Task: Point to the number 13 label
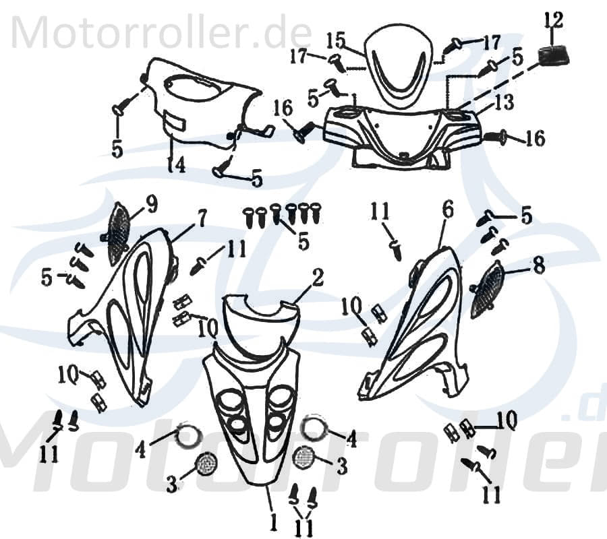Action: pyautogui.click(x=503, y=102)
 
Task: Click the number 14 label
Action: pyautogui.click(x=176, y=164)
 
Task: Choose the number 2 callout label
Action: pyautogui.click(x=318, y=277)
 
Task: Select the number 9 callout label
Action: pyautogui.click(x=150, y=203)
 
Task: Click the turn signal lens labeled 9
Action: pyautogui.click(x=119, y=232)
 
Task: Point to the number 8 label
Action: pyautogui.click(x=538, y=266)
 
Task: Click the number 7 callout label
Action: pyautogui.click(x=201, y=218)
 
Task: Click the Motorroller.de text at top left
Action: pyautogui.click(x=162, y=32)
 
